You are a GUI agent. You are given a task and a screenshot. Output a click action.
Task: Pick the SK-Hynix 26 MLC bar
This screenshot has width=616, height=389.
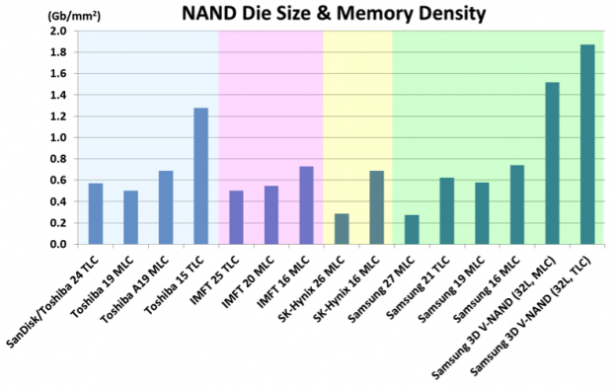tap(342, 228)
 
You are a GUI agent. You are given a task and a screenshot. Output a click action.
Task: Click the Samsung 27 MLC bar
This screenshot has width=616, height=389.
tap(412, 229)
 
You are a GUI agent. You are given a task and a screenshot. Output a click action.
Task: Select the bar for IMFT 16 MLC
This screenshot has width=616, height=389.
tap(306, 204)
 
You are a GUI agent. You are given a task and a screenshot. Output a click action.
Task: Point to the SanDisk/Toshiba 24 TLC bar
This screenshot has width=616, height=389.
tap(96, 213)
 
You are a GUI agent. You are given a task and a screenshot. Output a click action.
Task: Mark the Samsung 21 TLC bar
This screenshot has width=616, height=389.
tap(446, 210)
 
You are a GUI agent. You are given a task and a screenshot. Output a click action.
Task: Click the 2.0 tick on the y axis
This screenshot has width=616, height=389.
tap(57, 31)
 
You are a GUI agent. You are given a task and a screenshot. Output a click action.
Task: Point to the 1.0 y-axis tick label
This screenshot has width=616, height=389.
tap(57, 137)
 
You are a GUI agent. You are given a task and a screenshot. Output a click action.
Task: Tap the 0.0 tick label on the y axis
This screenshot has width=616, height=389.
tap(57, 244)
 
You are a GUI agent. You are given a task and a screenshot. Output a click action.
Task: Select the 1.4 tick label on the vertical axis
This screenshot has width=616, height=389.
tap(57, 95)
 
